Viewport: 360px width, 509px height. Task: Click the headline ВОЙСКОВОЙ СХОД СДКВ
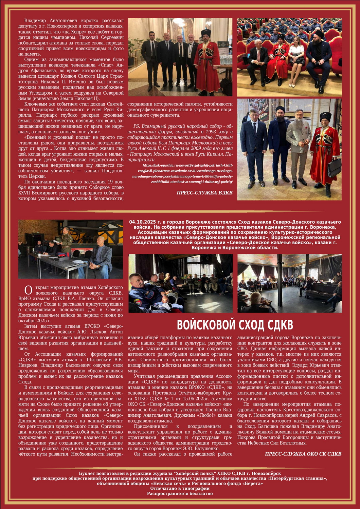[235, 325]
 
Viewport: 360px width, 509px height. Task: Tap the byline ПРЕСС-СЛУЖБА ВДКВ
[204, 193]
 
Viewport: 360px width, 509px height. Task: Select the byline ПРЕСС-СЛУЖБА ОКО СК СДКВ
[303, 454]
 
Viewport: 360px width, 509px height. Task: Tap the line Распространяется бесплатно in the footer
[180, 493]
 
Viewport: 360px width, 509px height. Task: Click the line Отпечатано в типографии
[180, 488]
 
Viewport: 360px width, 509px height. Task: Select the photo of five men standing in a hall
[180, 57]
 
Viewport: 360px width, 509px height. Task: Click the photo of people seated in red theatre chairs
[289, 57]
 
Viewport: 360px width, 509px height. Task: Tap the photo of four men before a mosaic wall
[289, 149]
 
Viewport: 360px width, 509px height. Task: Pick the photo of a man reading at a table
[70, 249]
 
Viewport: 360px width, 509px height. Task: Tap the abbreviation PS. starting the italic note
[137, 126]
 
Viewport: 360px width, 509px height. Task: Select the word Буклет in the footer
[87, 473]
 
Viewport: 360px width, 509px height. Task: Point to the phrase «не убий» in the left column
[89, 131]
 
